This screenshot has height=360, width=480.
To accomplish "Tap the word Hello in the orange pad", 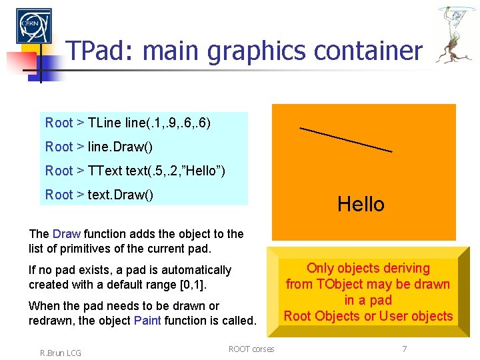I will click(x=361, y=204).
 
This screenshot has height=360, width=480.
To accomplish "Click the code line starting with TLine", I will click(x=128, y=123).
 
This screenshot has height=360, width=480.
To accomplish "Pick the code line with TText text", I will click(x=135, y=171).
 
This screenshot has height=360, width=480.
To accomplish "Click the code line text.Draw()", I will click(x=99, y=195).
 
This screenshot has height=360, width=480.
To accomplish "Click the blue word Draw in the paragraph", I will click(x=66, y=234).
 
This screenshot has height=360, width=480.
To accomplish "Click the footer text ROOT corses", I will click(x=251, y=349).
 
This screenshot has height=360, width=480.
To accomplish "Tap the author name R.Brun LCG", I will click(x=60, y=353).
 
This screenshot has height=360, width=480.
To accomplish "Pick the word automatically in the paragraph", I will click(x=195, y=270).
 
